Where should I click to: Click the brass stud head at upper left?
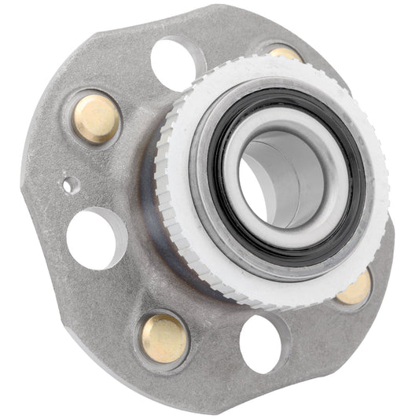click(96, 119)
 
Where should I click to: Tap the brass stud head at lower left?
click(164, 337)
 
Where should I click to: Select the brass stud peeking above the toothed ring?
click(285, 53)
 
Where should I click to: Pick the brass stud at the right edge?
click(355, 289)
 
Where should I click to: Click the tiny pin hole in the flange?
click(70, 186)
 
